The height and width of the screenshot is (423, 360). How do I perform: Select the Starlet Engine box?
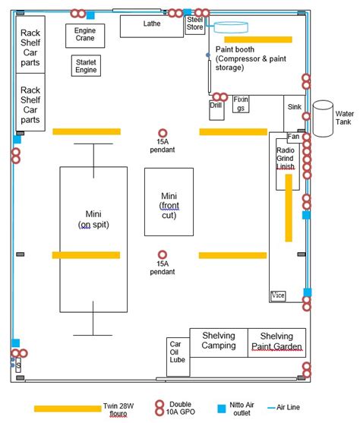[x=86, y=66]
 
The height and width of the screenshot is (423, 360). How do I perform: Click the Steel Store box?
[x=195, y=25]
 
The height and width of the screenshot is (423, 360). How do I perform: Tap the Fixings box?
[x=241, y=103]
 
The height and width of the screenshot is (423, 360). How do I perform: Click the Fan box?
[x=293, y=137]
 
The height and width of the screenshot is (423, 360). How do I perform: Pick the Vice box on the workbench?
[x=278, y=295]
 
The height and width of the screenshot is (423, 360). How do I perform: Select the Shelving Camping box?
[x=218, y=342]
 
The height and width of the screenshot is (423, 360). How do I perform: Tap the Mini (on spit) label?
[x=93, y=219]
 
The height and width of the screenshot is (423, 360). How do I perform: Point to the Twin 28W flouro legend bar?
[x=68, y=409]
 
